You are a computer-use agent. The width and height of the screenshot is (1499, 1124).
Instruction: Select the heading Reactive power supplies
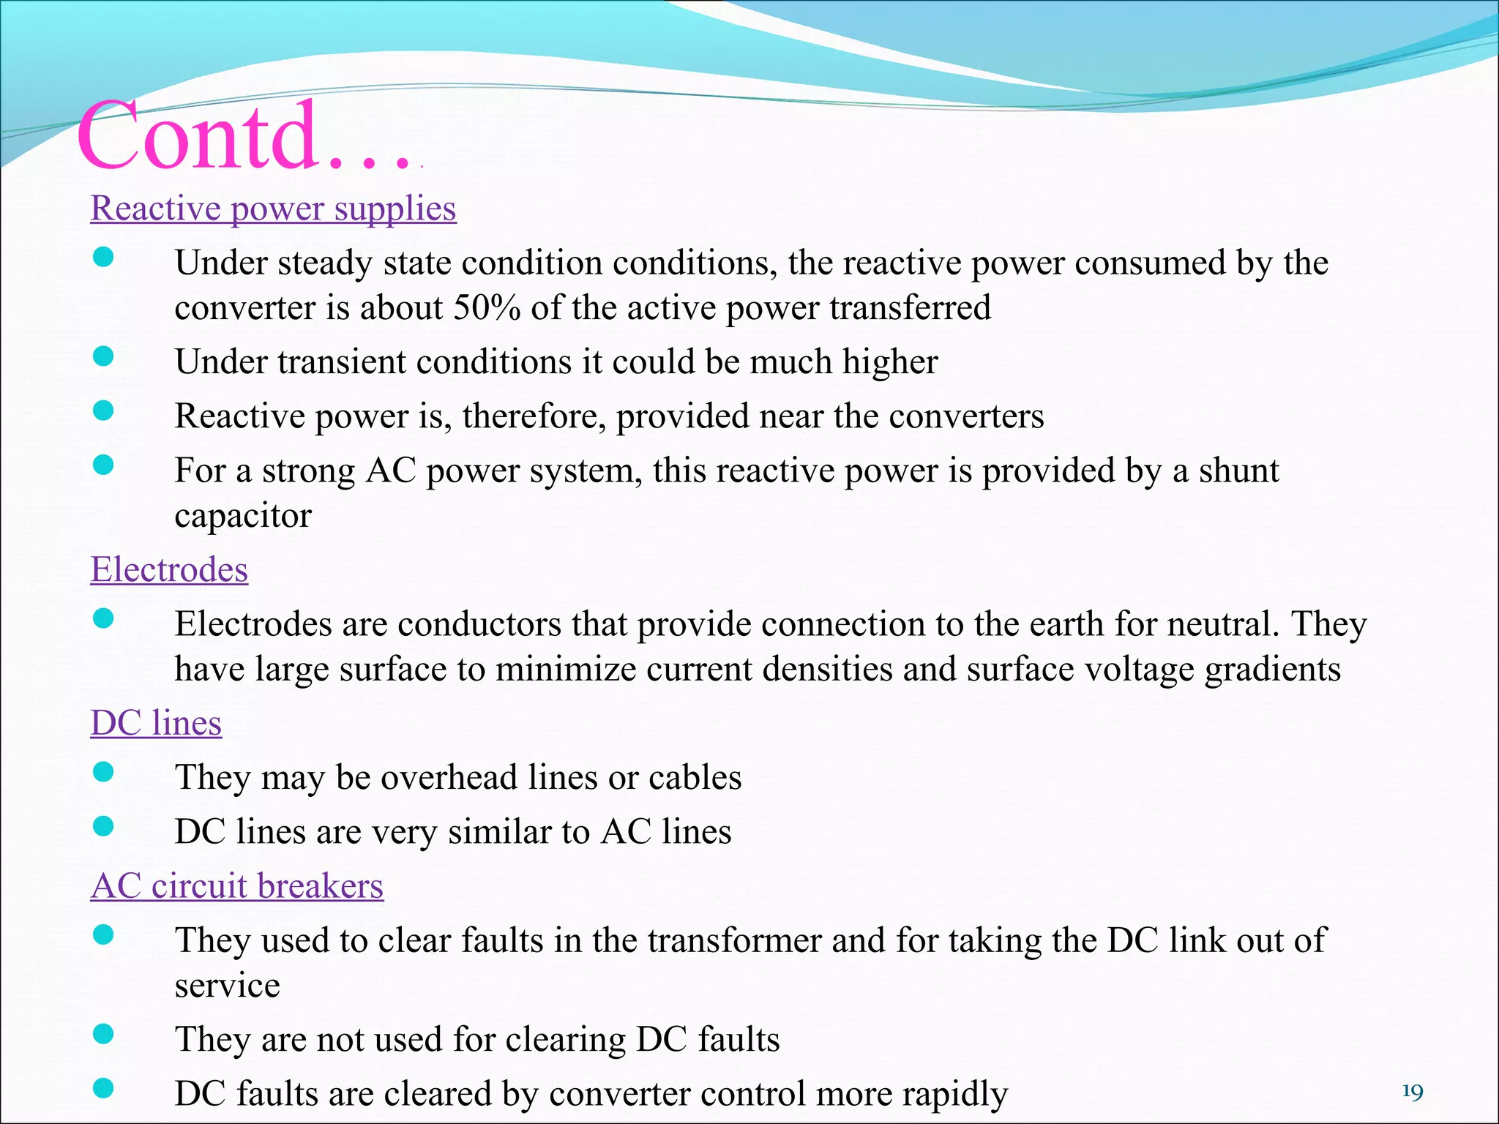click(273, 209)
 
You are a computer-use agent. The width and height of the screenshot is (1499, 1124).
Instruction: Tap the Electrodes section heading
click(169, 569)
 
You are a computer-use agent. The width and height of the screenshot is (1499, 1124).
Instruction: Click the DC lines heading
click(156, 723)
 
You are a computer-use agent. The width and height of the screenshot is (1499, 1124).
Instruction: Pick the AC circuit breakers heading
click(236, 886)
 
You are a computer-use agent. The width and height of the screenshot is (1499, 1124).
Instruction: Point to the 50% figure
click(487, 308)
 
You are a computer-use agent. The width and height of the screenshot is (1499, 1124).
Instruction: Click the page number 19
click(1412, 1093)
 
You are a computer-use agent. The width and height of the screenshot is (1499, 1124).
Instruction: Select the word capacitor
click(243, 516)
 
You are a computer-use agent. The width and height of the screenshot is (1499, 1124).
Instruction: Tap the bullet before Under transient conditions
click(104, 356)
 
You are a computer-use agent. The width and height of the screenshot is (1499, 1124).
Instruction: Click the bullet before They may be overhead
click(104, 772)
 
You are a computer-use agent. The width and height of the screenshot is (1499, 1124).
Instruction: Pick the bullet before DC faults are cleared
click(104, 1089)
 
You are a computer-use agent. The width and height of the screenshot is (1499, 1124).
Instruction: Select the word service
click(227, 986)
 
